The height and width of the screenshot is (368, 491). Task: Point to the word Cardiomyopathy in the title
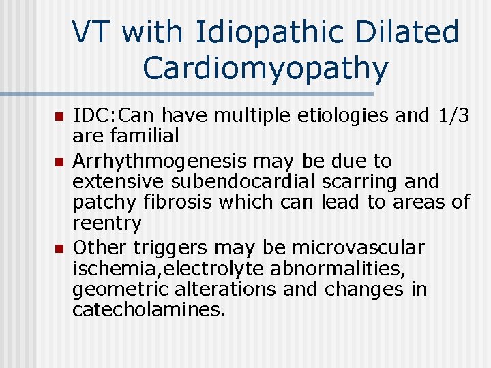tap(266, 67)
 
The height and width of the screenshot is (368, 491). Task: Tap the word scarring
tap(370, 182)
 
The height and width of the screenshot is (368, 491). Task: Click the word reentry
tap(107, 223)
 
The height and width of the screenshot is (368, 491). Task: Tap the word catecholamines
tap(149, 309)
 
